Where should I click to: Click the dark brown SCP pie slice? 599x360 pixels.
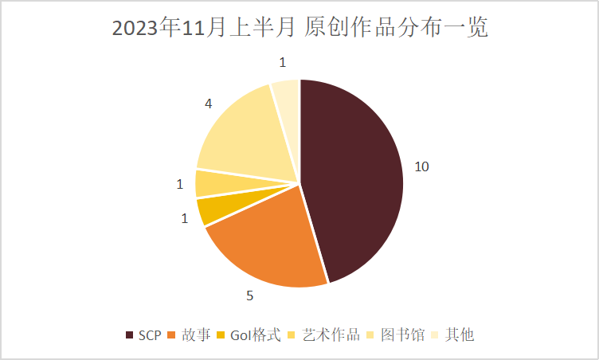354,179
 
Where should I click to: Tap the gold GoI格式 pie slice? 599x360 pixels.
211,209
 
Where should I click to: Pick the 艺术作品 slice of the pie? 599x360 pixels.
209,183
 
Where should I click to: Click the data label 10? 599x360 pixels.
421,166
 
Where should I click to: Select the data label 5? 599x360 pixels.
249,296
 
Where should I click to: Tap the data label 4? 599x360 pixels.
208,104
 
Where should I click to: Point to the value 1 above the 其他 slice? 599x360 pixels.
282,62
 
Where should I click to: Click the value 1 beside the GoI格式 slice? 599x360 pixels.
185,217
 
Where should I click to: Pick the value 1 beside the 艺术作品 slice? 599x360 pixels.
179,184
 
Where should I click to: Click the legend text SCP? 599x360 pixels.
150,335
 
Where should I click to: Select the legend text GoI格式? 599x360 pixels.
256,335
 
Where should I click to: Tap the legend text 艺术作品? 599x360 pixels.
331,335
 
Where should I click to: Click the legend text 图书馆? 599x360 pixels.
399,335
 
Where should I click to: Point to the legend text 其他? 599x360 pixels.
460,335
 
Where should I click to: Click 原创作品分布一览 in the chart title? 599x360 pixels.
397,29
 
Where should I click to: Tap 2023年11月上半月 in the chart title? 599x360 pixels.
205,29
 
